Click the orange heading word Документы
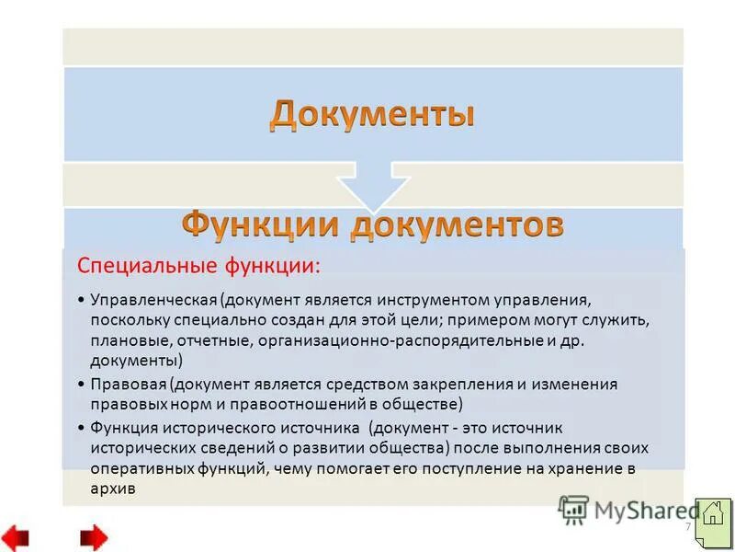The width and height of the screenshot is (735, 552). (372, 115)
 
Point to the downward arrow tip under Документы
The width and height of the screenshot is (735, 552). (372, 204)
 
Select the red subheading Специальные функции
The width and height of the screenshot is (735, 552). (199, 267)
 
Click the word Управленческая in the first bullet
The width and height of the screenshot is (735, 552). (153, 301)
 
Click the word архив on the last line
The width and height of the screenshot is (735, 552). (113, 489)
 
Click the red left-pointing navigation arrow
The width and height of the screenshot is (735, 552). (16, 536)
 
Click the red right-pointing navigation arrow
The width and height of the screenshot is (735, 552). (93, 536)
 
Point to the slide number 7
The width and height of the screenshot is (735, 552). (687, 527)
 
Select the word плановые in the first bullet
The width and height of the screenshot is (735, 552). (125, 340)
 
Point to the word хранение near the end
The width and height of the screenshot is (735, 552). (582, 468)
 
